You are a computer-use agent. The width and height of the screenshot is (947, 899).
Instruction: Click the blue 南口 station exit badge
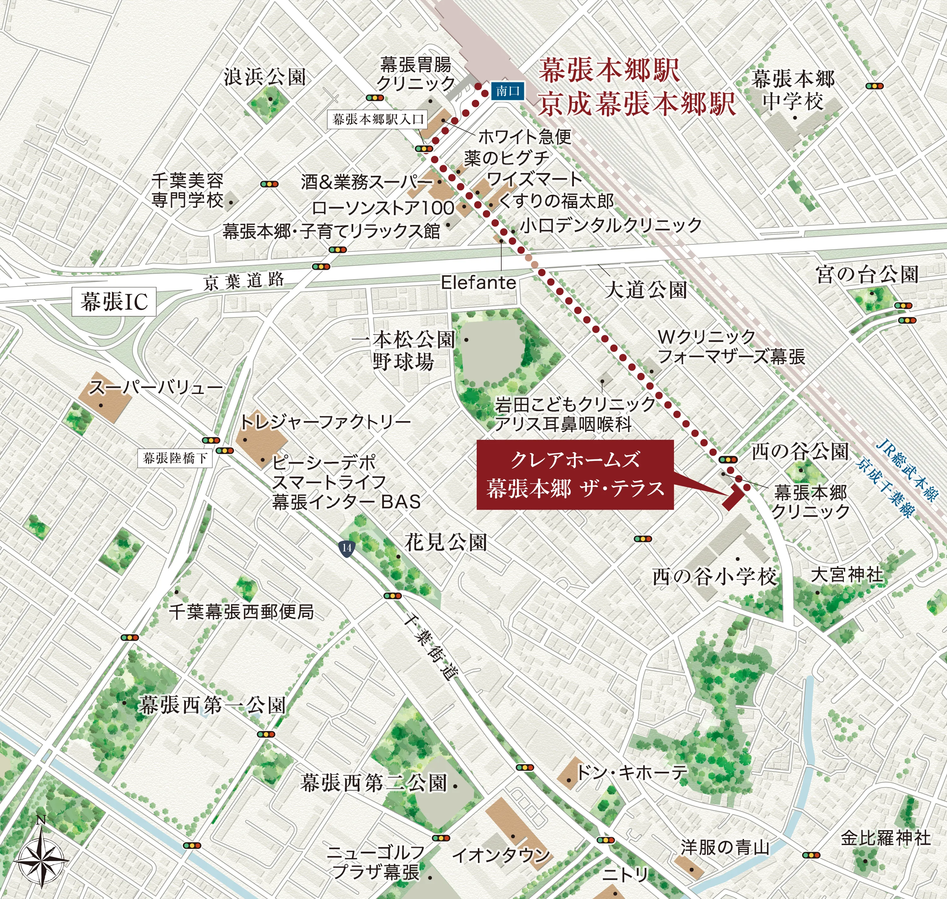tap(508, 91)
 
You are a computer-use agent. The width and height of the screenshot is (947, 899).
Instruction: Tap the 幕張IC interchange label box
tap(114, 301)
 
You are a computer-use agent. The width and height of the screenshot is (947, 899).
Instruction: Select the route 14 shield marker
tap(347, 548)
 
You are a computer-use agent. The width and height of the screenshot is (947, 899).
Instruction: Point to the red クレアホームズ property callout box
tap(575, 474)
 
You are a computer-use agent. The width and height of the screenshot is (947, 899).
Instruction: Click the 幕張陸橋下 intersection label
tap(175, 458)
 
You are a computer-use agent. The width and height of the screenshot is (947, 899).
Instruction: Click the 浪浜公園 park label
tap(265, 77)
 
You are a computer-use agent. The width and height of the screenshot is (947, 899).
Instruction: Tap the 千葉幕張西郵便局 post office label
tap(241, 611)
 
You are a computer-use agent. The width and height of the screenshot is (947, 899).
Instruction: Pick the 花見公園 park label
tap(446, 543)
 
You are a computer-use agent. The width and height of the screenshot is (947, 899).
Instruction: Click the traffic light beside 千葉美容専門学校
tap(269, 184)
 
